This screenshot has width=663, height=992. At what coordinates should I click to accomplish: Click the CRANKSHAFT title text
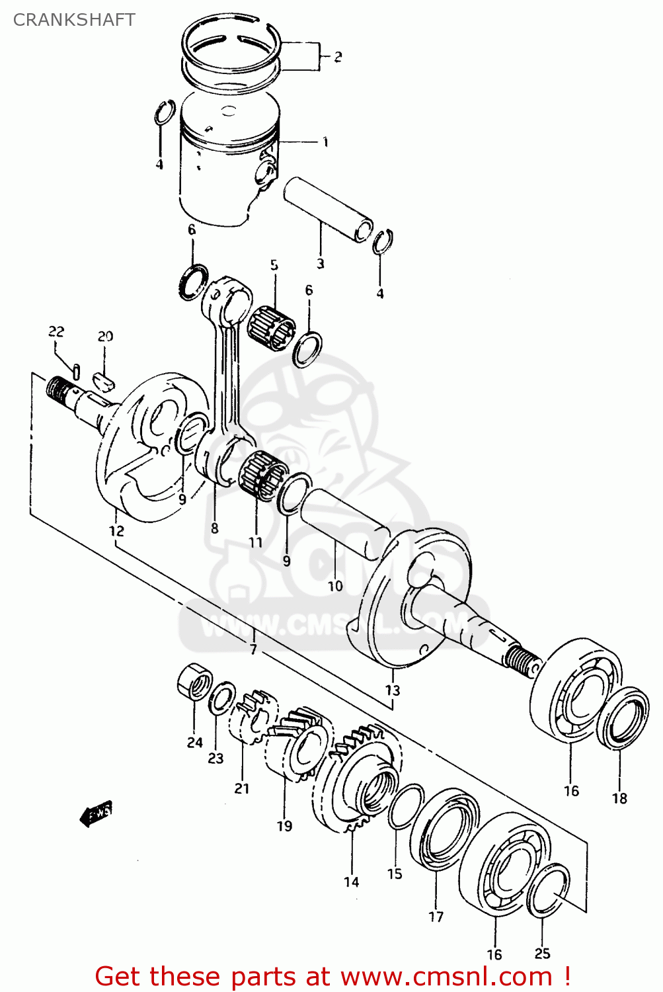(74, 20)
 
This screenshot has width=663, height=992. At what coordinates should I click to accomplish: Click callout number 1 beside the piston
(325, 142)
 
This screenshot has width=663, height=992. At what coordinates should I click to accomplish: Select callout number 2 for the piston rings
(338, 57)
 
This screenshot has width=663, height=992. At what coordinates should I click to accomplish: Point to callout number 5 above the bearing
(274, 265)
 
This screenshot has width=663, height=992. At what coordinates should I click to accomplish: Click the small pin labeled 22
(77, 372)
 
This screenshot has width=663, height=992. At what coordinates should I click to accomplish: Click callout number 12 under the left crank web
(116, 530)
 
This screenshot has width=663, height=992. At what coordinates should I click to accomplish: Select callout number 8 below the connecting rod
(215, 528)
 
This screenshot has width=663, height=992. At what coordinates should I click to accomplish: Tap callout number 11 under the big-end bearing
(255, 542)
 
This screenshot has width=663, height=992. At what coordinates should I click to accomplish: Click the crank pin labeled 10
(344, 516)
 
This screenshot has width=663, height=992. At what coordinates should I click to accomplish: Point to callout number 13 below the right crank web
(393, 690)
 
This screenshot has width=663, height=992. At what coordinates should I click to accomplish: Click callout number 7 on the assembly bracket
(253, 649)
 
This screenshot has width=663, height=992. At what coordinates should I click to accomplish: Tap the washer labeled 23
(221, 700)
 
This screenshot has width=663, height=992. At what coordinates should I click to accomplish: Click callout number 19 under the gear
(284, 825)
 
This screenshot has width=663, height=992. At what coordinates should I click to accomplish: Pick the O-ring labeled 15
(405, 807)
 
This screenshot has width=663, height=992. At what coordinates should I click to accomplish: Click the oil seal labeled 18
(625, 719)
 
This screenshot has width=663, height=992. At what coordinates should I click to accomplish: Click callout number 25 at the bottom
(542, 953)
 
